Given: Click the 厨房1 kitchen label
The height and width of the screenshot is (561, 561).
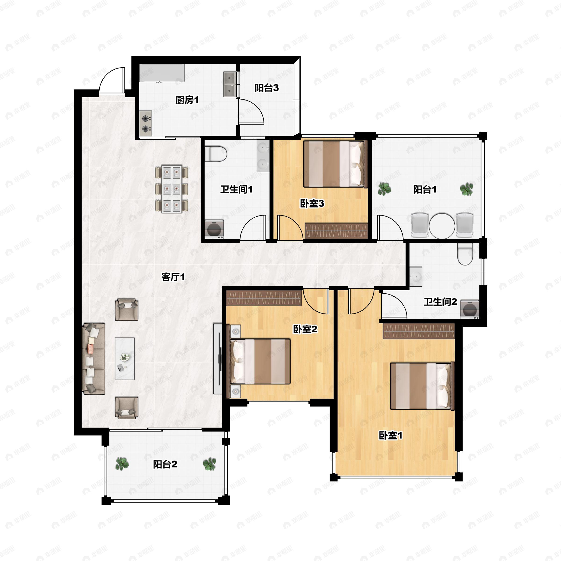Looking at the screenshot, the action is coord(187,100).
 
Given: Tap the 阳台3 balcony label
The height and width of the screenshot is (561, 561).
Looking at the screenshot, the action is coord(266,88).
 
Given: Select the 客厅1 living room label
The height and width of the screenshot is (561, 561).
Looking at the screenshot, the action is coord(173,277).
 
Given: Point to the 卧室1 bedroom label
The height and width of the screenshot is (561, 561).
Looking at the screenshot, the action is coord(391,435).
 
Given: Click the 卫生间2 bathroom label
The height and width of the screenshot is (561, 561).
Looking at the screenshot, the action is coord(440,302).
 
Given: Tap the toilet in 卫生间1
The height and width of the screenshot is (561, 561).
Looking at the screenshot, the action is coord(216,154).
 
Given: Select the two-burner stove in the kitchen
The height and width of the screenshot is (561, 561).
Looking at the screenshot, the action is coord(145,123).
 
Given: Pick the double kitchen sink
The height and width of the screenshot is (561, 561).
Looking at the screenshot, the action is coord(230,84).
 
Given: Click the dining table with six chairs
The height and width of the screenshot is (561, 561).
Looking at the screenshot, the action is coord(172,189).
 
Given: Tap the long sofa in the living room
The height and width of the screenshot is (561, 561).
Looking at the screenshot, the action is coord(94,359).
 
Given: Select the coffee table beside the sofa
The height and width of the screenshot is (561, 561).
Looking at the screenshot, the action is coord(125,359).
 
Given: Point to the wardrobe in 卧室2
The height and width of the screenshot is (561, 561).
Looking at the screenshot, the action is coord(264,298).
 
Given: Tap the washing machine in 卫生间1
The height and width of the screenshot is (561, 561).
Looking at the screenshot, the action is coord(214,229).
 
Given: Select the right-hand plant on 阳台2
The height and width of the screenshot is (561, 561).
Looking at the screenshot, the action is coord(209,464).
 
